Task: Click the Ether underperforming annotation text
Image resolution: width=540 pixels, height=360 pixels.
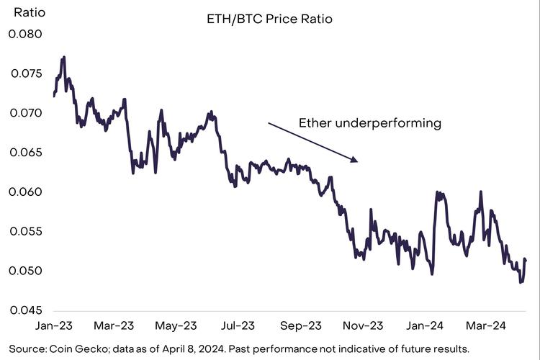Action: [x=369, y=123]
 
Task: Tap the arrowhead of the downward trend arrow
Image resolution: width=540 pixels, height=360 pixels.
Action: [x=355, y=160]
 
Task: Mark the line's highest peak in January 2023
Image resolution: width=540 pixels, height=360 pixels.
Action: [x=64, y=57]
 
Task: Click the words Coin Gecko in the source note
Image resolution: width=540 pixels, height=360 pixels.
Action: [x=70, y=348]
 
